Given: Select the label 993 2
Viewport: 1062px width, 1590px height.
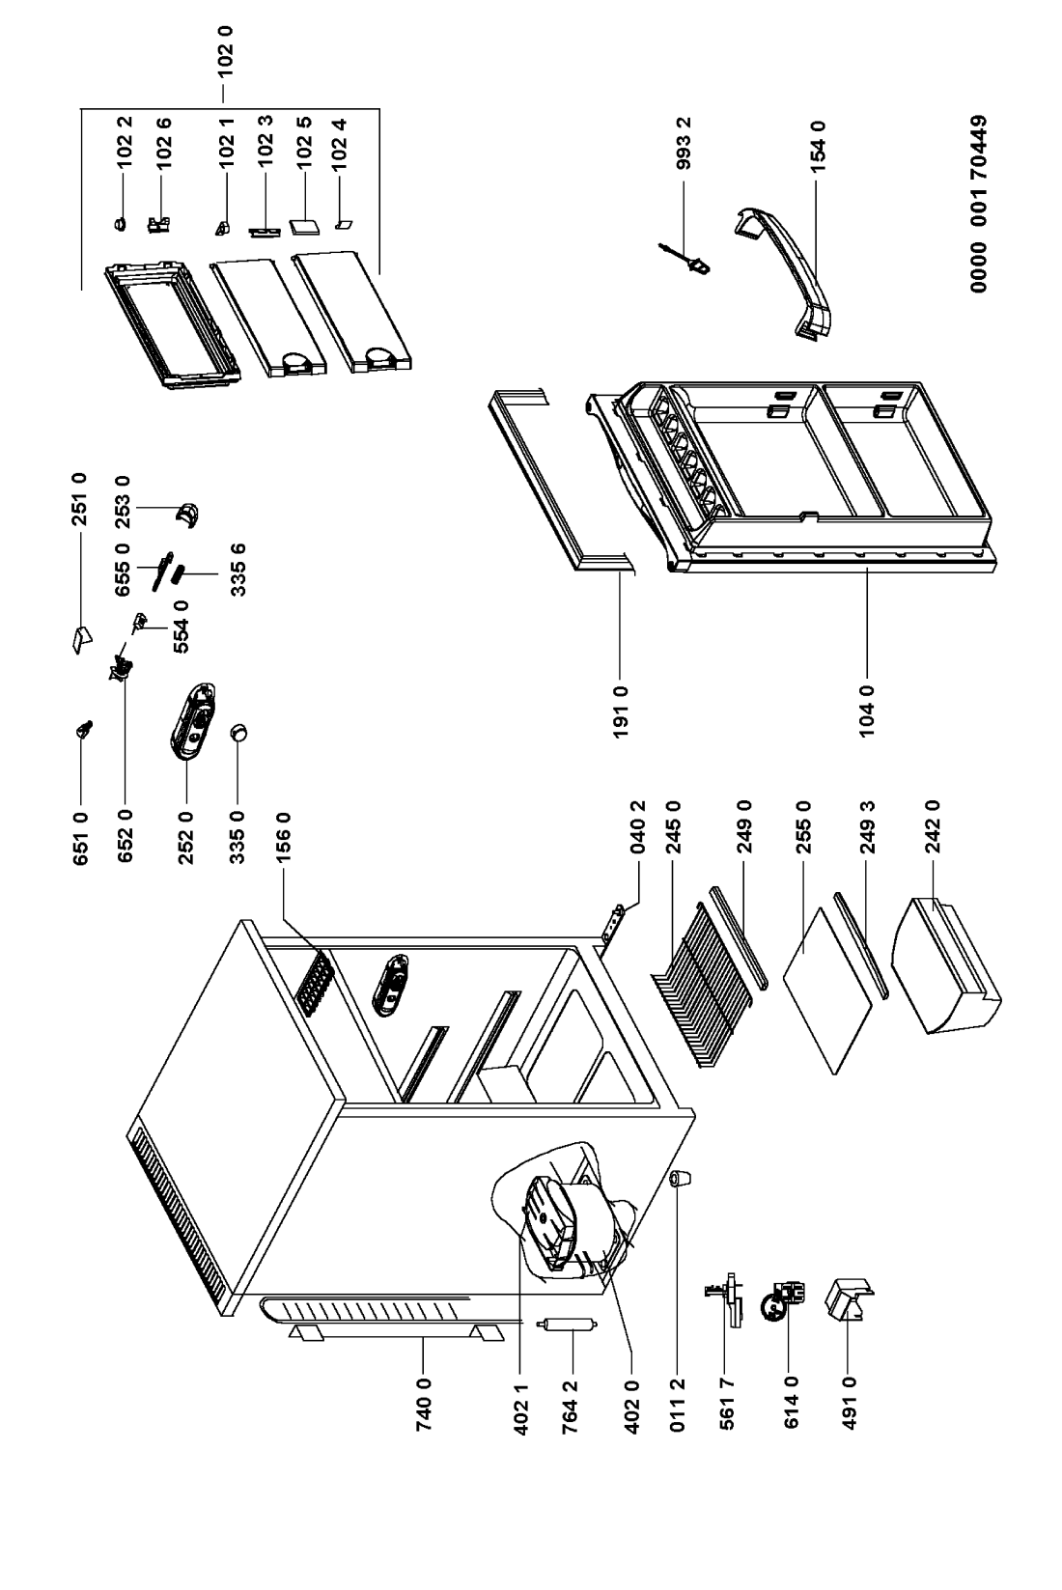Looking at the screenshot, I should (x=685, y=146).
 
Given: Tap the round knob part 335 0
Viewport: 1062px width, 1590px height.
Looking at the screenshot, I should (x=238, y=735).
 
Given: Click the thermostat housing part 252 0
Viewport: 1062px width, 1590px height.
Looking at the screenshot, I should (x=193, y=719).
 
